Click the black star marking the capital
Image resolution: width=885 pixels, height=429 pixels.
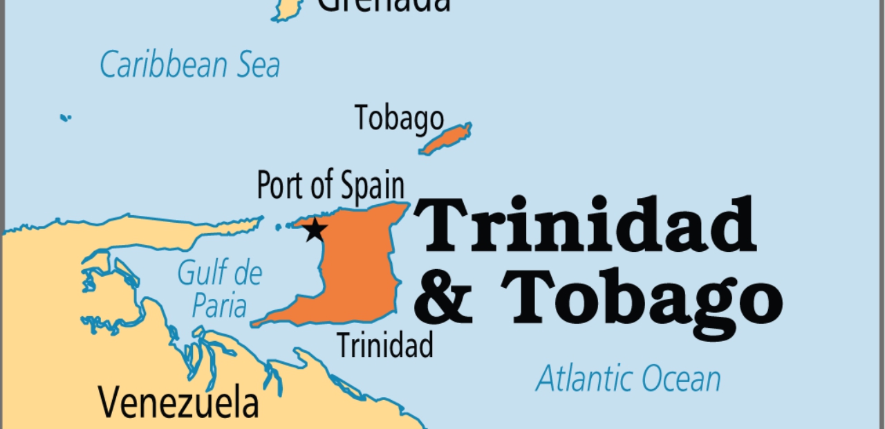tap(315, 229)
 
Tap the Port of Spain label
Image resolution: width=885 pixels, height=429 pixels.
tap(330, 185)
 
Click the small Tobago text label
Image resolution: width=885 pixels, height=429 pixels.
tap(399, 118)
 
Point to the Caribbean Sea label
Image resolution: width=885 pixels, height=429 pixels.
tap(189, 65)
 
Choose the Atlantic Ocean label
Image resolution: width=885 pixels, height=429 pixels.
tap(628, 379)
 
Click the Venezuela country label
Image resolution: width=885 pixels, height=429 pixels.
tap(178, 403)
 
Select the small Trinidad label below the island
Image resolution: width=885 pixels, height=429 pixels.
tap(385, 345)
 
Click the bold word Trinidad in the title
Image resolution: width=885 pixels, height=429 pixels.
tap(584, 226)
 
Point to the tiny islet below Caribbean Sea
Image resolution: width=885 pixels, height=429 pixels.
tap(65, 118)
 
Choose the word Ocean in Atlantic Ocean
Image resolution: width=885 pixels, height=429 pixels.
tap(680, 379)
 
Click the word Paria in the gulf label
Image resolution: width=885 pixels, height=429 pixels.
tap(219, 304)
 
